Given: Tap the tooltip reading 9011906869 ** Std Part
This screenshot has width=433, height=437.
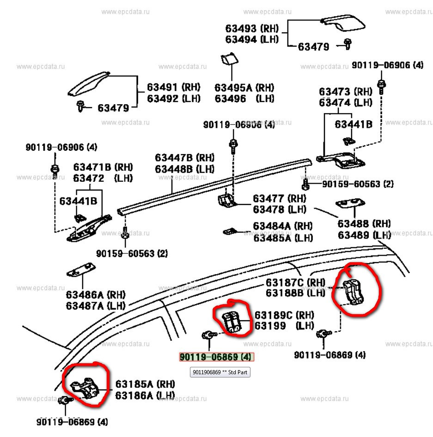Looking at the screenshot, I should pyautogui.click(x=220, y=372).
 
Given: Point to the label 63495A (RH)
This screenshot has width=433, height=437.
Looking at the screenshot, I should pyautogui.click(x=244, y=88).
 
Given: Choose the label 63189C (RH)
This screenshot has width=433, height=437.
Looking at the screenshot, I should pyautogui.click(x=284, y=315).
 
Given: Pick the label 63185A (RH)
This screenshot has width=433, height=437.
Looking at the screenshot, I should pyautogui.click(x=145, y=384).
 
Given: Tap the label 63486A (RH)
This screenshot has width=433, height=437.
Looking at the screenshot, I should pyautogui.click(x=96, y=294).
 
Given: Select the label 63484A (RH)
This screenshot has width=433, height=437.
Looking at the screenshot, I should pyautogui.click(x=282, y=227).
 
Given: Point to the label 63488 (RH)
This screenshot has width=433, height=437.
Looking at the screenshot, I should pyautogui.click(x=364, y=224).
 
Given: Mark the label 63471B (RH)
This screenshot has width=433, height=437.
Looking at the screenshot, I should pyautogui.click(x=103, y=167).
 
